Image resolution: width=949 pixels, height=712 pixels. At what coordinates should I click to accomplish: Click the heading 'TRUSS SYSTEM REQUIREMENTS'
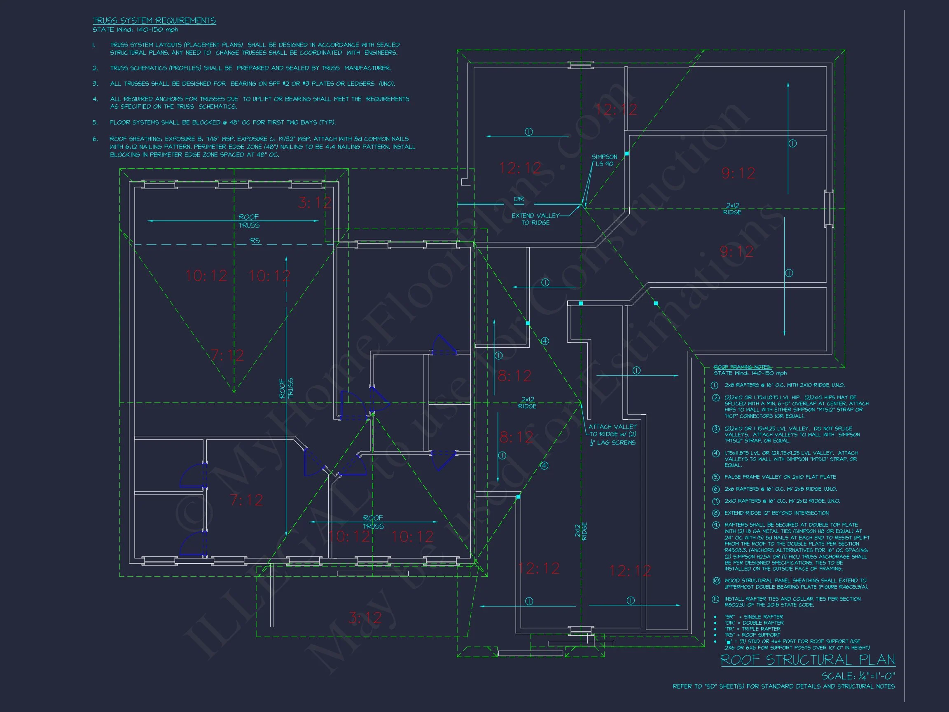(x=154, y=21)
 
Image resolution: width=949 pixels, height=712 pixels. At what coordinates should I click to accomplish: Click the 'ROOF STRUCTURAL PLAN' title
(x=807, y=660)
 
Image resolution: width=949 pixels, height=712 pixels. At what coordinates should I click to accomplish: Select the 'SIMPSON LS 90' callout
(x=604, y=160)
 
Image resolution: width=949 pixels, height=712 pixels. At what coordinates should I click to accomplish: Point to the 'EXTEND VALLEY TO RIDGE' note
(x=535, y=219)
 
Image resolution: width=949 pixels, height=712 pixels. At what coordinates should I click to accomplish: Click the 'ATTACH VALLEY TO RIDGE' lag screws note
(x=612, y=434)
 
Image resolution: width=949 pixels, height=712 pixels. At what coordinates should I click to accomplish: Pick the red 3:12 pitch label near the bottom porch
(x=365, y=618)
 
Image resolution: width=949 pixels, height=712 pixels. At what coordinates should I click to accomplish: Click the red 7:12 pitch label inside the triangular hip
(x=227, y=355)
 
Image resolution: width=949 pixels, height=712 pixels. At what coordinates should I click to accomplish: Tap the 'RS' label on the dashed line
(x=255, y=241)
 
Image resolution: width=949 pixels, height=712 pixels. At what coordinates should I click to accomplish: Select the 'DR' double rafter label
(x=519, y=199)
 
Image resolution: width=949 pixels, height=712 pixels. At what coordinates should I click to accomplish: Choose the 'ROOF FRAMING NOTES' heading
(x=742, y=367)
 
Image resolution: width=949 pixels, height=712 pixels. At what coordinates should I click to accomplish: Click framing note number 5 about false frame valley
(x=780, y=477)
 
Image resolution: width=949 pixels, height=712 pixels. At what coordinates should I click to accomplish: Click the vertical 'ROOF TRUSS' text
(x=286, y=389)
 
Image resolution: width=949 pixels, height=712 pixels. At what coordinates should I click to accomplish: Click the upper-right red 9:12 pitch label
(x=738, y=173)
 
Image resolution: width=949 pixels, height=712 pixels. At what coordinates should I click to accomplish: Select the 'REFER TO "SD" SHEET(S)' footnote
(x=783, y=687)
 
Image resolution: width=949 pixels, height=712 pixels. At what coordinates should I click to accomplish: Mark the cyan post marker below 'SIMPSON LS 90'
(x=627, y=153)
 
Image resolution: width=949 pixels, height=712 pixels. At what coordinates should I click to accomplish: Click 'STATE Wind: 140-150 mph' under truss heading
(x=135, y=30)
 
